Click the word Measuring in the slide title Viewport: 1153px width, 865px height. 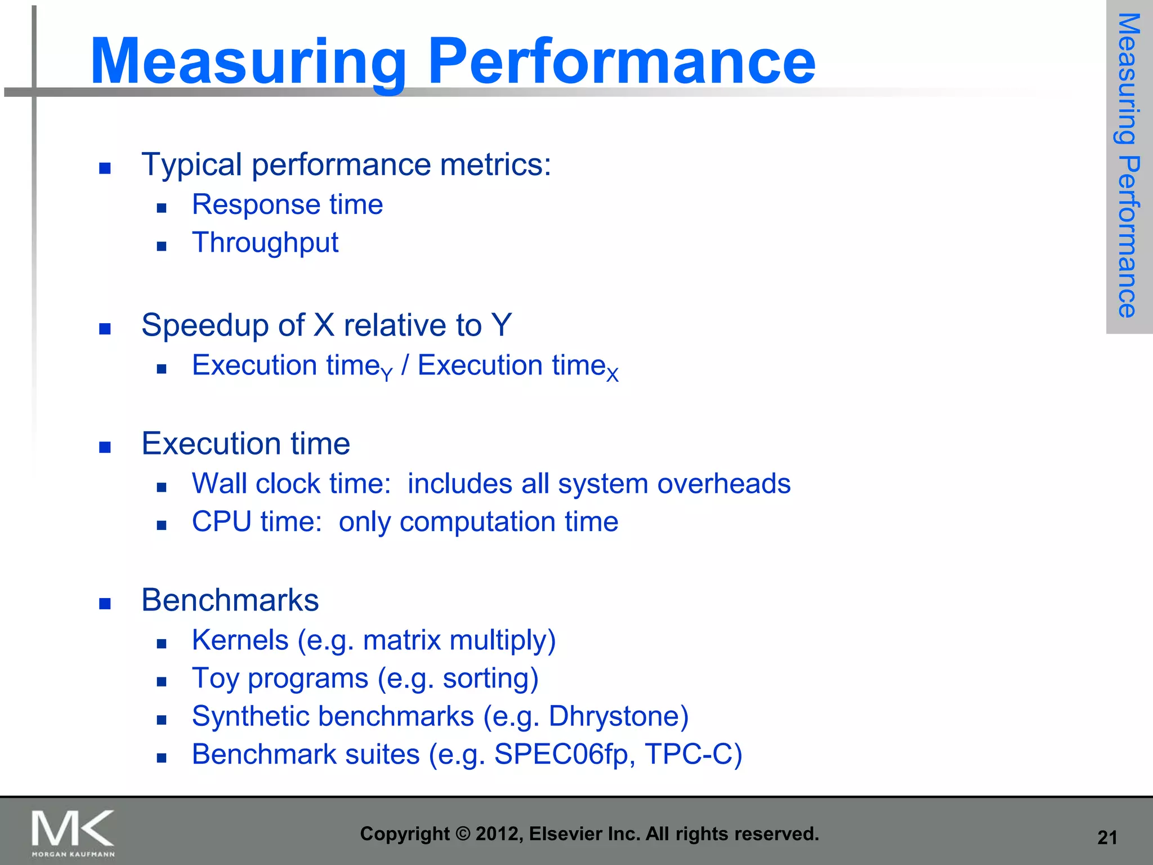click(x=248, y=62)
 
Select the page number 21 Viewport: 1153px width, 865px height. click(x=1107, y=837)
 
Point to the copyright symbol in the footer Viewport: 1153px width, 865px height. click(x=462, y=834)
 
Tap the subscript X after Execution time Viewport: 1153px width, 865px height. click(x=612, y=376)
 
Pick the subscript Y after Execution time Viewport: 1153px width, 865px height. click(x=386, y=374)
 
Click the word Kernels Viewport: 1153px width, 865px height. click(x=240, y=640)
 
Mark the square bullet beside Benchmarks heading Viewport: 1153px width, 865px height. click(x=105, y=604)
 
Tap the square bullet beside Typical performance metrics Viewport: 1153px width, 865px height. click(x=105, y=168)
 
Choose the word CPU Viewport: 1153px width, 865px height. click(x=221, y=521)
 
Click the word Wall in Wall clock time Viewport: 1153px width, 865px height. click(x=220, y=484)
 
